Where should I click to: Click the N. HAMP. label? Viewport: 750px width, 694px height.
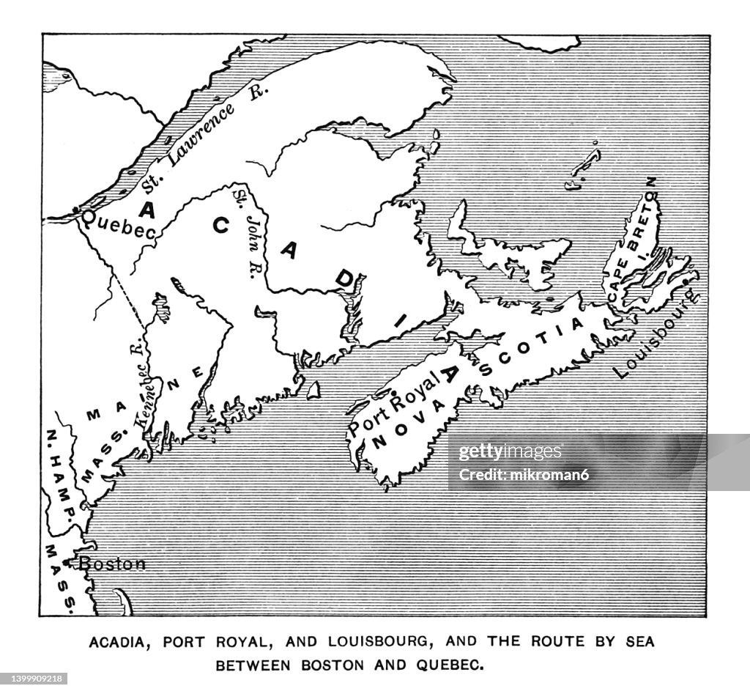coord(59,470)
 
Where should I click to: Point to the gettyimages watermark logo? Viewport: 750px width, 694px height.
coord(510,452)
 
